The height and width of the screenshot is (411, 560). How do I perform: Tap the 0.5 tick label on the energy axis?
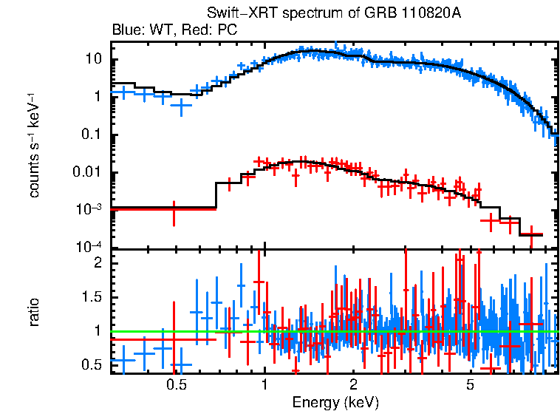[x=176, y=384]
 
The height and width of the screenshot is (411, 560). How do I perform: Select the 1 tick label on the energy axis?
[x=264, y=384]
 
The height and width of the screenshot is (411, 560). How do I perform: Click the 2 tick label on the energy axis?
[x=354, y=384]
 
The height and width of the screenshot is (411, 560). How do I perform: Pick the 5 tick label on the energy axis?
[x=470, y=384]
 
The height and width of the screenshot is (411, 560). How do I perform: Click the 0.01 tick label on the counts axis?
[x=89, y=172]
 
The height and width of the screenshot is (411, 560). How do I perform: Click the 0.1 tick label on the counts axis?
[x=92, y=135]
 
